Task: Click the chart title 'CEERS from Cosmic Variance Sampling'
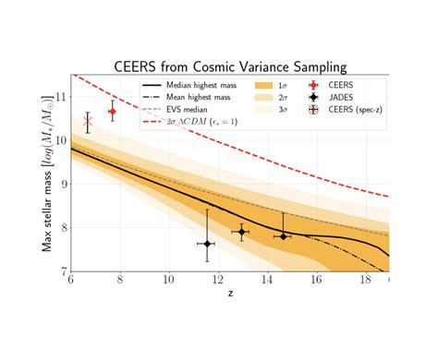point(230,66)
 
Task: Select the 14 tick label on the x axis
point(267,281)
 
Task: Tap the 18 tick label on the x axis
point(365,281)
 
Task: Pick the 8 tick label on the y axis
point(62,227)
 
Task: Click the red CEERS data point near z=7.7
point(113,111)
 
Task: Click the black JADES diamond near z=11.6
point(207,244)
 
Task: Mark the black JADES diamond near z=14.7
point(283,236)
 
